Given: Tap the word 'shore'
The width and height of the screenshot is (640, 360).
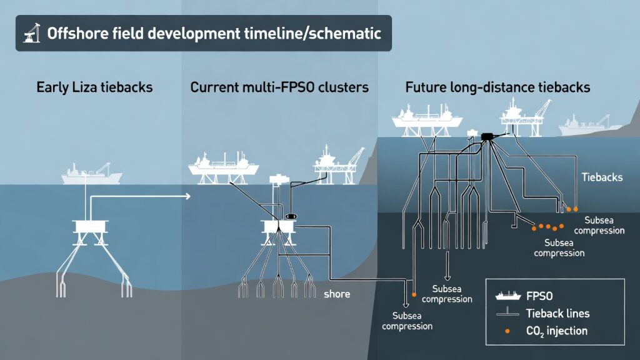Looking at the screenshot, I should tap(337, 294).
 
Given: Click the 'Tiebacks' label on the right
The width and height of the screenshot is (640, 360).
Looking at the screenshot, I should tap(602, 177).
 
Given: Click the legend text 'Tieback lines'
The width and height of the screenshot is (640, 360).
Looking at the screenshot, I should tap(557, 313).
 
